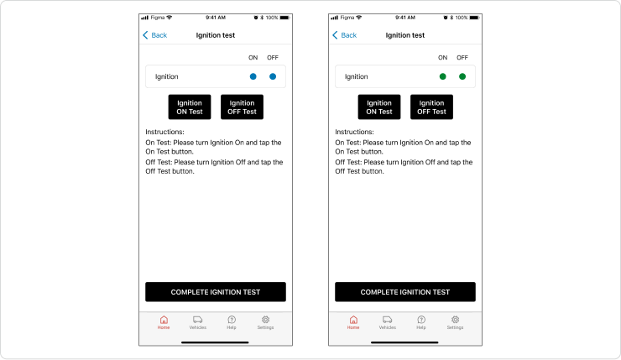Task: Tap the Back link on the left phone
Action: coord(155,35)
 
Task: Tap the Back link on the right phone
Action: coord(345,35)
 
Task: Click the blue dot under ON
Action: coord(253,76)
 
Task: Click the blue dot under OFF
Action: coord(273,76)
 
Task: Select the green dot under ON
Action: coord(443,76)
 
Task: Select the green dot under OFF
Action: coord(462,76)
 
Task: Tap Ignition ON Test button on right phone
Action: coord(379,107)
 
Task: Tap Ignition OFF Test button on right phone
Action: coord(431,107)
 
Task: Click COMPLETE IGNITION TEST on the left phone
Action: coord(216,292)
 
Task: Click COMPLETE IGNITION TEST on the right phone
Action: coord(405,292)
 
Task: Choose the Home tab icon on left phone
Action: coord(164,320)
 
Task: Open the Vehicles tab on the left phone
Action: coord(198,320)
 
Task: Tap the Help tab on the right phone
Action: coord(421,320)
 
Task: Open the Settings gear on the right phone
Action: coord(455,320)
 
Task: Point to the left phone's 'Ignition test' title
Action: coord(216,35)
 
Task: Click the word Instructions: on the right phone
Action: coord(354,132)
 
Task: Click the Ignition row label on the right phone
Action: coord(357,76)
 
